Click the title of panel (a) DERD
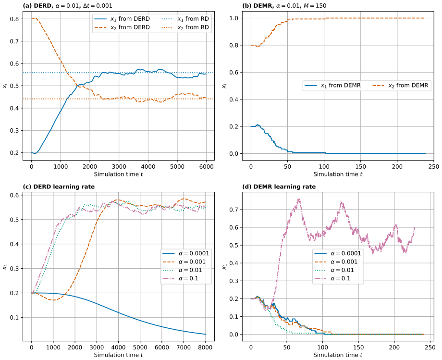[67, 5]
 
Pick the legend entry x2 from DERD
[122, 27]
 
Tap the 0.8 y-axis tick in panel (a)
[15, 19]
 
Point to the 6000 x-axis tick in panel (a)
[206, 167]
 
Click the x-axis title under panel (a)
[118, 174]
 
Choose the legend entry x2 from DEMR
[401, 86]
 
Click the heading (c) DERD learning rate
[59, 186]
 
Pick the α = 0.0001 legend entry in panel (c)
[186, 253]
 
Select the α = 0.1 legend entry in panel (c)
[181, 278]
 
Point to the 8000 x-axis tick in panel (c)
[205, 348]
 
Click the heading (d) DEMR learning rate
[279, 186]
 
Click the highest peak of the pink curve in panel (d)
[299, 199]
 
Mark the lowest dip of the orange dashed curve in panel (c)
[53, 300]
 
